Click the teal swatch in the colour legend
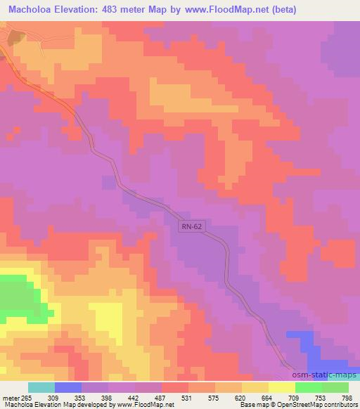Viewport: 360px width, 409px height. (x=41, y=388)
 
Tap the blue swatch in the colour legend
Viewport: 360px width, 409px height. (x=68, y=388)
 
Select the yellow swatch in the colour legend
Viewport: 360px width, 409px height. (x=282, y=388)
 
